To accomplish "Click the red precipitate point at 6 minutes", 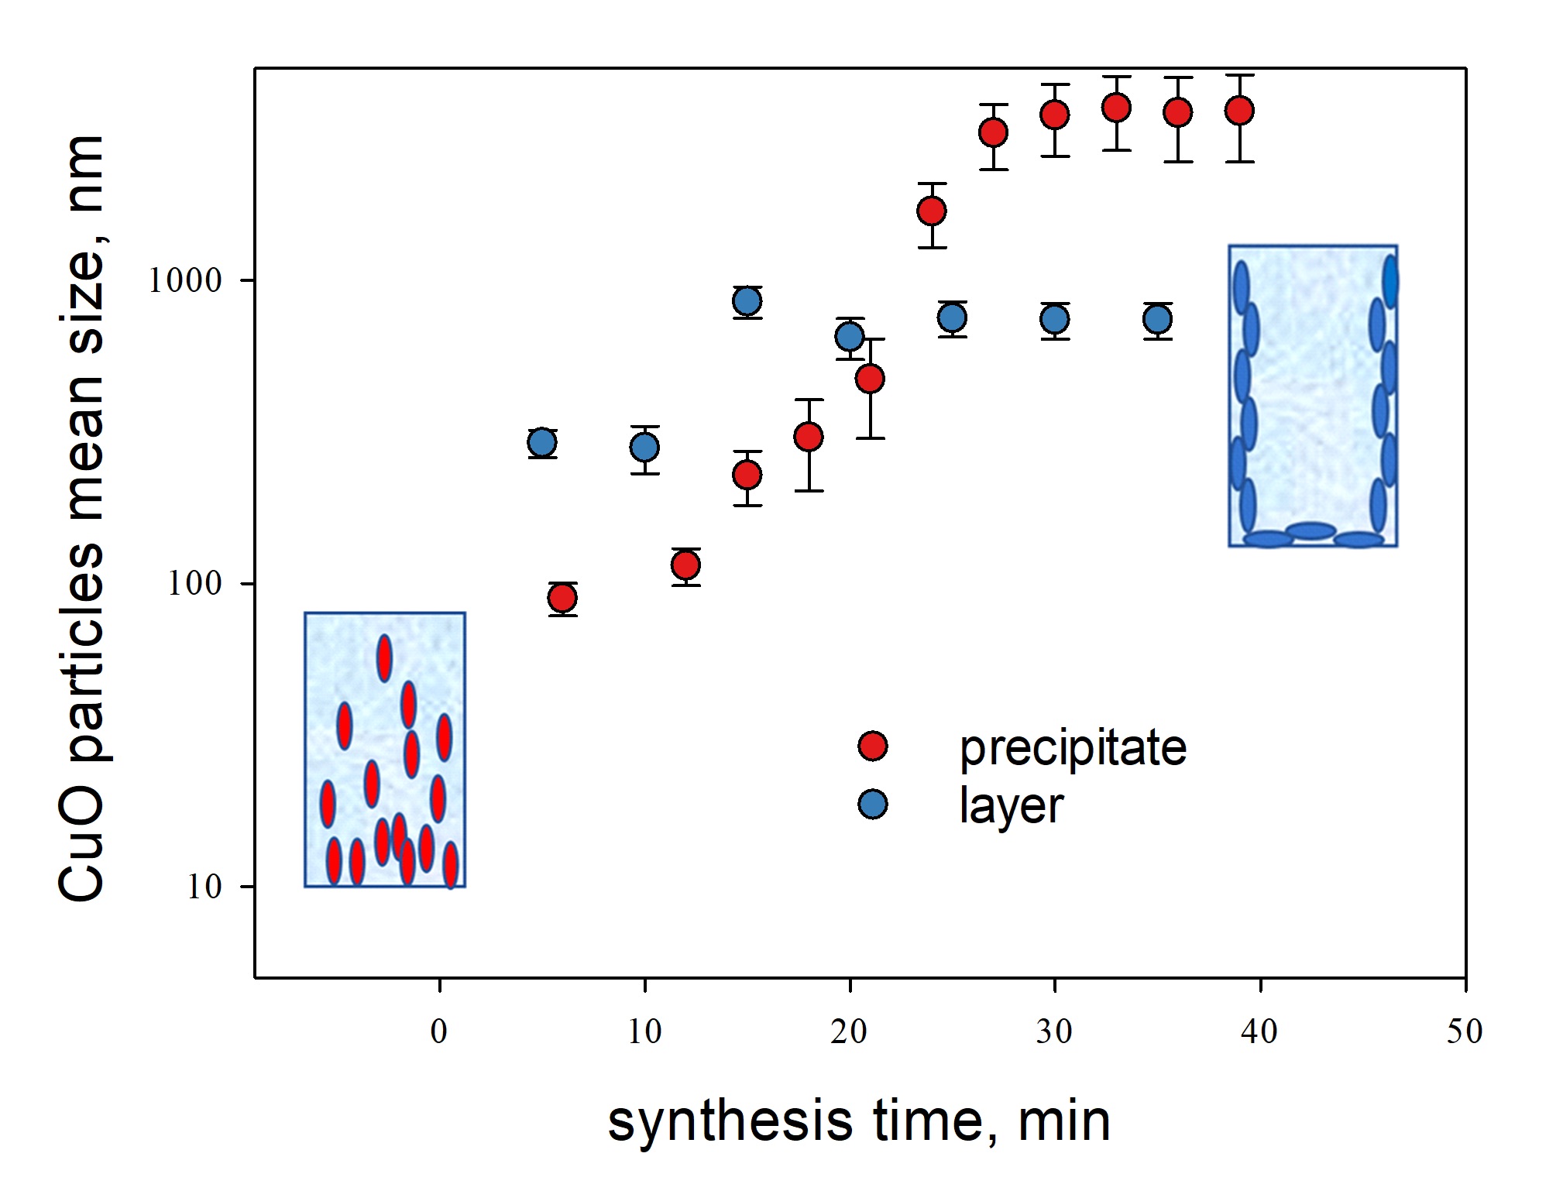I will (562, 598).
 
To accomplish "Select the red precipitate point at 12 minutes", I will (686, 565).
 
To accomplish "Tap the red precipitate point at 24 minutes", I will (932, 211).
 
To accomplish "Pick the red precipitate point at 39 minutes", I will (1239, 111).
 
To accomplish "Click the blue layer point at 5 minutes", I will (542, 443).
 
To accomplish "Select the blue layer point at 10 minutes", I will (644, 447).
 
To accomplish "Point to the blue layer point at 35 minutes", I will (1157, 319).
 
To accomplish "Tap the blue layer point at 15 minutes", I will (747, 301).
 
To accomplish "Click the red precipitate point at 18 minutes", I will (809, 437).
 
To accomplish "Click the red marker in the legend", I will (873, 746).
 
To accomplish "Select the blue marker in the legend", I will (873, 805).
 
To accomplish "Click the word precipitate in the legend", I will (1073, 748).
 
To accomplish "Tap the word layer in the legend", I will (1011, 806).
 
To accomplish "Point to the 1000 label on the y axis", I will (185, 280).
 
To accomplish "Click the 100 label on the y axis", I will (195, 583).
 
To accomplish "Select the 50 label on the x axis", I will (1464, 1031).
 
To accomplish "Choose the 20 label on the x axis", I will (849, 1031).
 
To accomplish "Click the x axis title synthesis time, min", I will (859, 1122).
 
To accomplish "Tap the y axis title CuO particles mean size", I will (81, 519).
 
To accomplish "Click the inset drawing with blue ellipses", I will (1313, 396).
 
